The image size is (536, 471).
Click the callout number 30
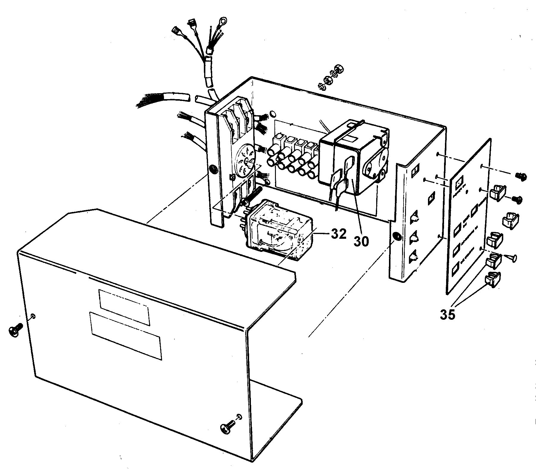[x=361, y=240]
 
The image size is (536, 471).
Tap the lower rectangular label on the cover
[x=126, y=336]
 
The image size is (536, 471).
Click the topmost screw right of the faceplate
[x=521, y=177]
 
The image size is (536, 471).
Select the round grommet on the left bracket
[x=213, y=170]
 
